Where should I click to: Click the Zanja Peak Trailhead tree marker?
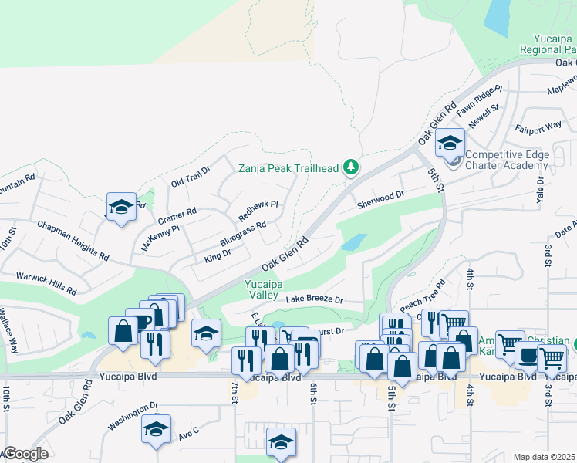[351, 167]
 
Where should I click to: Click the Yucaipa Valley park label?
[262, 289]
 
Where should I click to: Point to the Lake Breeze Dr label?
[314, 299]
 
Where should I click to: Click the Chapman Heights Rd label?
[73, 239]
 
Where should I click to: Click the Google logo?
[25, 454]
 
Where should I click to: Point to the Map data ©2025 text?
[545, 457]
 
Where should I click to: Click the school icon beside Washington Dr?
[156, 430]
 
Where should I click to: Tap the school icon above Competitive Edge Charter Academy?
[450, 143]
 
